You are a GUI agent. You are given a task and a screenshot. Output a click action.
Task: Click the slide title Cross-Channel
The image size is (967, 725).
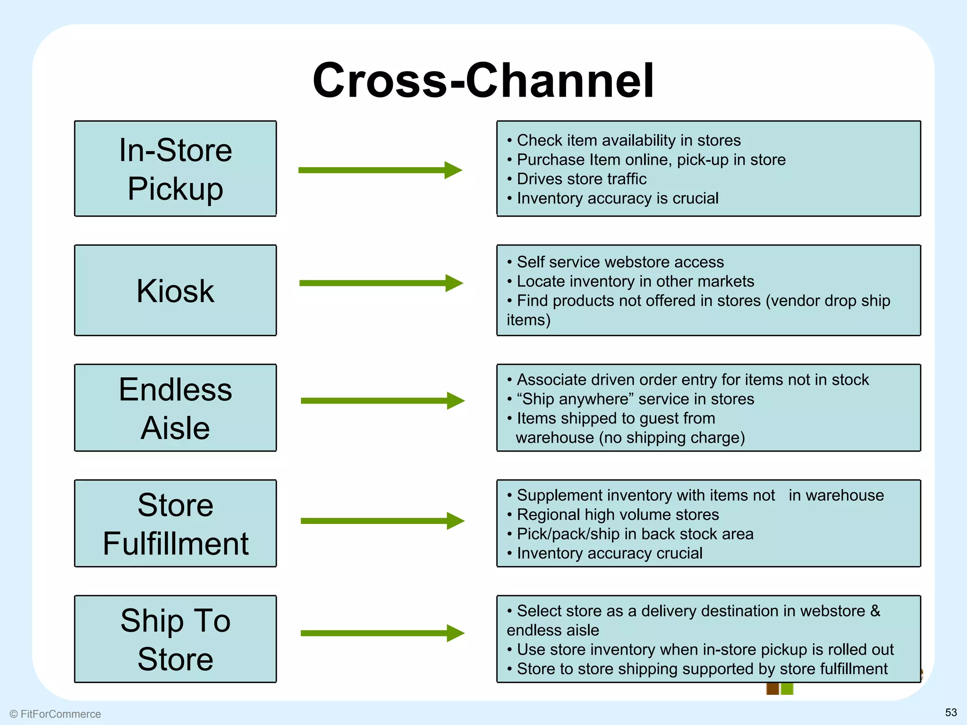coord(483,80)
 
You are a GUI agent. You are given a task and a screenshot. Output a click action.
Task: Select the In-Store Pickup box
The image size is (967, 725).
coord(175,169)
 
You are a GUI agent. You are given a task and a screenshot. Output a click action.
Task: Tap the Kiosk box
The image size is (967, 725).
coord(175,290)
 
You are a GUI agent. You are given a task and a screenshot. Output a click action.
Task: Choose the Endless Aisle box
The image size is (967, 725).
coord(175,408)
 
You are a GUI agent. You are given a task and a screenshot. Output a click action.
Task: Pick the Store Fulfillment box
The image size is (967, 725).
coord(175,523)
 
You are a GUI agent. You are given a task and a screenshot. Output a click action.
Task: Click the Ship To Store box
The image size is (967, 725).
coord(175,639)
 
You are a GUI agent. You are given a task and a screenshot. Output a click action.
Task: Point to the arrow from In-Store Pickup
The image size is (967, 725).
coord(380,170)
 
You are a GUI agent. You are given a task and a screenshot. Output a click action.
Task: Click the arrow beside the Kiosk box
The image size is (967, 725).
coord(381,283)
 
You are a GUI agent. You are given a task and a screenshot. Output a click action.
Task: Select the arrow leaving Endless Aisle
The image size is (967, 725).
coord(382,401)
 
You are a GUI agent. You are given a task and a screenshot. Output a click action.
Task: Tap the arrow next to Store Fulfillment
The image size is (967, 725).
coord(382,521)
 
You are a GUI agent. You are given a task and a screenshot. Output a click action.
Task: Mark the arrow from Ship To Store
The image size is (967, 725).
coord(382,633)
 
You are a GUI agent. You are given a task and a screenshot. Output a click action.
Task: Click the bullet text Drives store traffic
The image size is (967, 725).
coord(581,179)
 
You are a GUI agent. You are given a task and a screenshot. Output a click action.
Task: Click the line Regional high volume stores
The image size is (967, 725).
coord(618,514)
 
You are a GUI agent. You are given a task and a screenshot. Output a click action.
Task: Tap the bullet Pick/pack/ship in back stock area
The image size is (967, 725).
coord(635,534)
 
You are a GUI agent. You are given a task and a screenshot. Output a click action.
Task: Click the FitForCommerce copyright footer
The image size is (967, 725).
coord(55,714)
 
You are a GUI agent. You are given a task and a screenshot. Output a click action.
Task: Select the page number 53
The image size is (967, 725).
coord(951,712)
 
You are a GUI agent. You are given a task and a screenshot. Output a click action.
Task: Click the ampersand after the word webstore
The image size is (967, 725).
coord(875,611)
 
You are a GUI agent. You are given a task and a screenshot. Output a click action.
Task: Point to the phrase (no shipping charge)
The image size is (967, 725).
coord(672,438)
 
